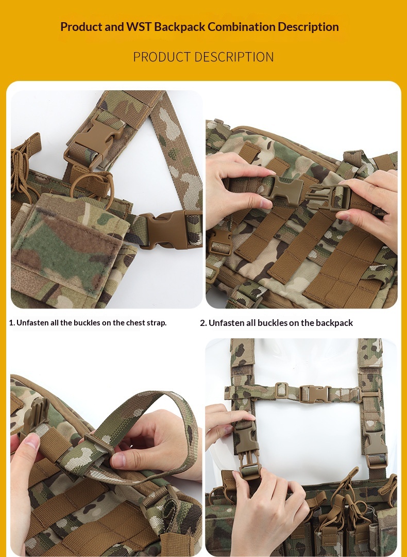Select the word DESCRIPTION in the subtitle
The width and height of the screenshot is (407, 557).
click(234, 57)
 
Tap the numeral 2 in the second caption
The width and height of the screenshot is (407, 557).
click(203, 323)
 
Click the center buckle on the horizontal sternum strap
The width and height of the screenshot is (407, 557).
click(315, 394)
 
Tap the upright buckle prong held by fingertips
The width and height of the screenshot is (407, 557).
click(36, 418)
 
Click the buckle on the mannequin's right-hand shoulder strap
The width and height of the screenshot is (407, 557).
click(374, 443)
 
